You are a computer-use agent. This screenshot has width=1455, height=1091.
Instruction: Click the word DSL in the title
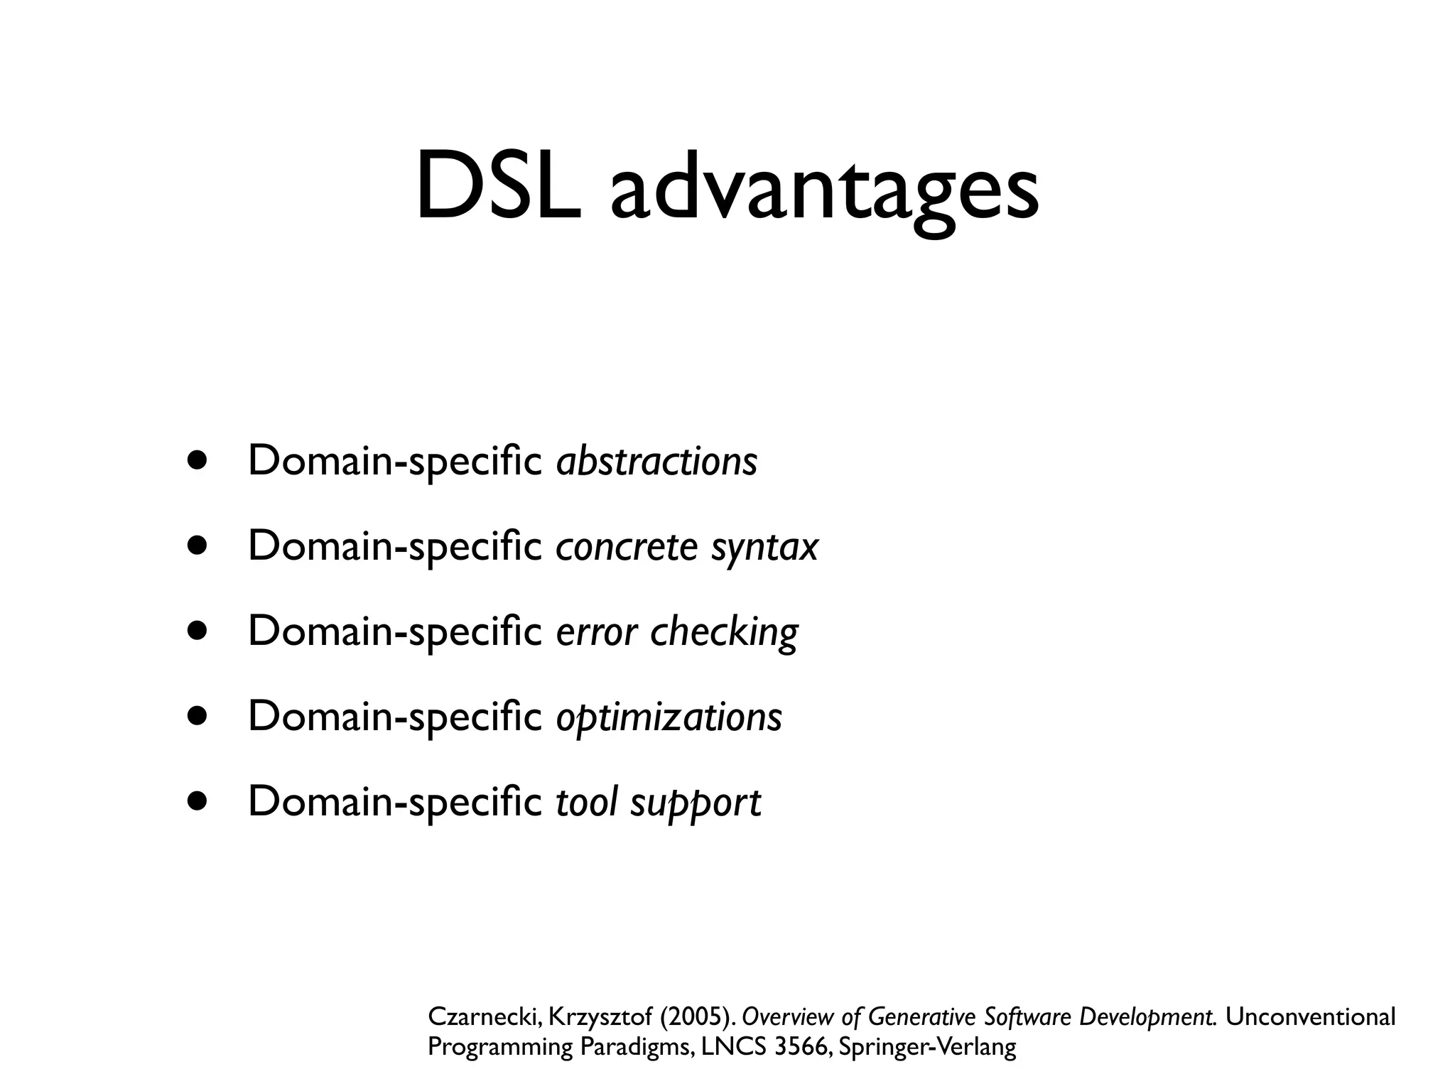point(497,186)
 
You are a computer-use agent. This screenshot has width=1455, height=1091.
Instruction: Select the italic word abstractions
point(656,461)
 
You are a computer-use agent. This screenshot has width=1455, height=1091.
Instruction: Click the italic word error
point(596,632)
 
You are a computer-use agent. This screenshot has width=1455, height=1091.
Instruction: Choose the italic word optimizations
point(669,717)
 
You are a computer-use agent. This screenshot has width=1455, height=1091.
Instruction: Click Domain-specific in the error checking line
point(395,631)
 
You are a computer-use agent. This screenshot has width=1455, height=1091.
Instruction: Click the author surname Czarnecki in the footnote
point(486,1017)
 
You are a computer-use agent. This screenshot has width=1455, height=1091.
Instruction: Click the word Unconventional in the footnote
point(1311,1016)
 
